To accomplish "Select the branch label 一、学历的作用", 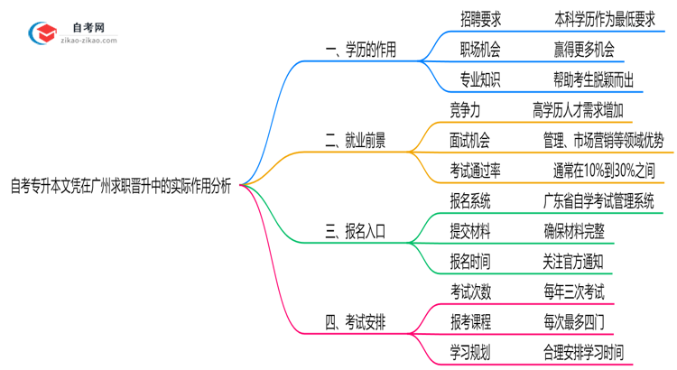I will coord(360,50).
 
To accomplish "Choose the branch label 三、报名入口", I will coord(355,232).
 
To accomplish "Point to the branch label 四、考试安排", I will coord(355,322).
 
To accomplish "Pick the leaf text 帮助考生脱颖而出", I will coord(593,79).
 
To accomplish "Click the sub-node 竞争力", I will coord(470,110).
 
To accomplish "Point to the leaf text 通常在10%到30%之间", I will coord(604,171).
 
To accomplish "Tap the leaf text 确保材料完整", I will coord(574,232).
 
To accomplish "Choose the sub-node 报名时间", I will coord(470,262).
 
